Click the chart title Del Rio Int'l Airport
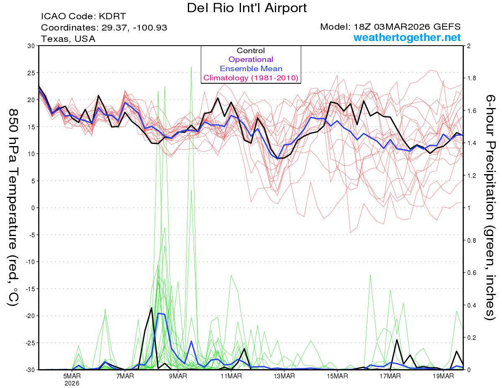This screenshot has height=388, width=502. click(x=247, y=8)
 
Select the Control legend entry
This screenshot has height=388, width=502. click(x=251, y=51)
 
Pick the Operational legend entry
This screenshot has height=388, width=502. click(x=251, y=59)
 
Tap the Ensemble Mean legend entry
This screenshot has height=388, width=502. click(x=251, y=69)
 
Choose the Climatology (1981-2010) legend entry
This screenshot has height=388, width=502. click(x=251, y=78)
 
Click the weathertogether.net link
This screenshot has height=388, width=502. click(x=407, y=38)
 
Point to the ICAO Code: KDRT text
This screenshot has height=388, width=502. click(x=83, y=16)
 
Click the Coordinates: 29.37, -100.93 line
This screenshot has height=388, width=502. click(x=104, y=28)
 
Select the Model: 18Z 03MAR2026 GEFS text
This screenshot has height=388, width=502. click(x=390, y=27)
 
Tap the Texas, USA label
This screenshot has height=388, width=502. click(x=68, y=39)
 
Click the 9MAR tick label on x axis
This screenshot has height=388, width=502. click(x=178, y=376)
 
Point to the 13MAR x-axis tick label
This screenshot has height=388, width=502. click(x=284, y=376)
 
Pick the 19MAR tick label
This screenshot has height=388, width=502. click(x=443, y=376)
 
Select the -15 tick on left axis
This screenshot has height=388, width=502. click(x=30, y=289)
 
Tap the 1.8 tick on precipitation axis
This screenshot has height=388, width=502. click(x=472, y=78)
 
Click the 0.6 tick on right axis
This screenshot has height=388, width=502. click(x=472, y=272)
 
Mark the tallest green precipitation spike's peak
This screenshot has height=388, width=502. click(x=191, y=67)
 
